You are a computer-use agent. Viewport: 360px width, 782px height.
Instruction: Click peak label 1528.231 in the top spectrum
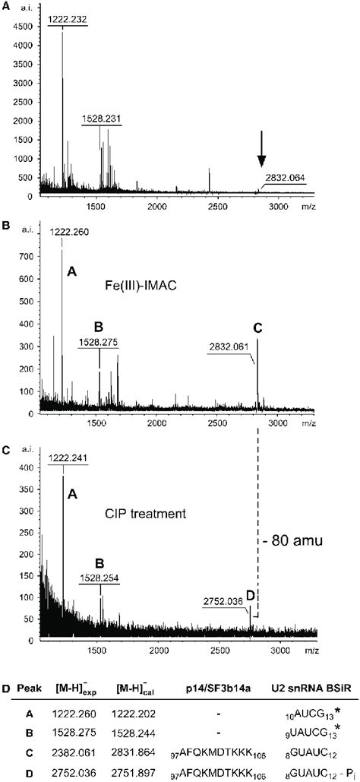(101, 119)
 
